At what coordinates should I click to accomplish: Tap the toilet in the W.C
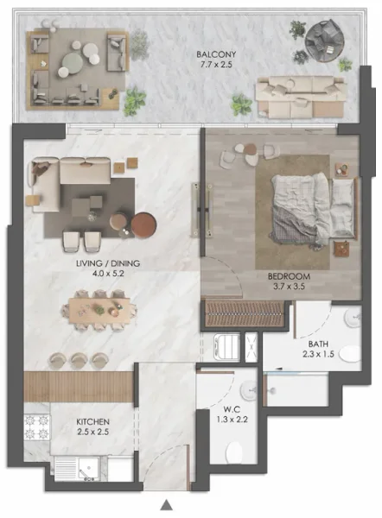click(x=232, y=452)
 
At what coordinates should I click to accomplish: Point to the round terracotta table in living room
click(x=142, y=224)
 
